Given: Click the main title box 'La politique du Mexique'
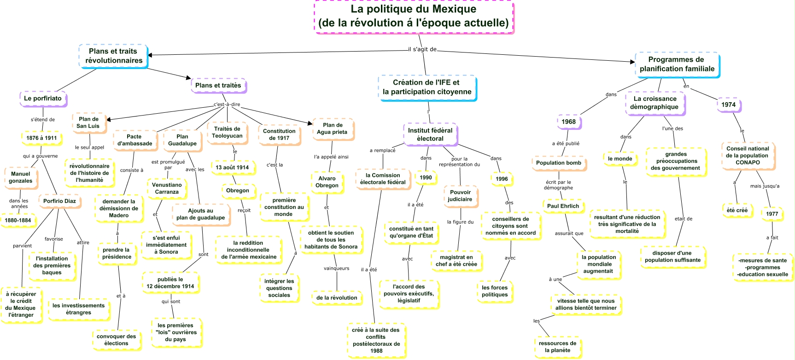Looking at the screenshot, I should pos(413,16).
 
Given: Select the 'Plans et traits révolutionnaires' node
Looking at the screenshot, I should pos(113,56).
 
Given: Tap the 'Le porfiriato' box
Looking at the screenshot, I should pos(43,98).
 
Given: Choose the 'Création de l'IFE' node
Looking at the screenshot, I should pos(427,87).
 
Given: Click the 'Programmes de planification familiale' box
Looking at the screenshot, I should pos(677,64).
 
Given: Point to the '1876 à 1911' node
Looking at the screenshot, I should pos(41,138).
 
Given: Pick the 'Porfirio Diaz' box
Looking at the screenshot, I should pos(59,201).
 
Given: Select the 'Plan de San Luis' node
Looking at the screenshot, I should pos(88,122).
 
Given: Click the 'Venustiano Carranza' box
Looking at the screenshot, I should pos(167,188).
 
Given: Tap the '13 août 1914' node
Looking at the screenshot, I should pos(232,168).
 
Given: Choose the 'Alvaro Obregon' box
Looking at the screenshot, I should pos(327,182).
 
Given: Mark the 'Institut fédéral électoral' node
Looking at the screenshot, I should pos(430,134).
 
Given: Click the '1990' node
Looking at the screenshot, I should pos(426,178).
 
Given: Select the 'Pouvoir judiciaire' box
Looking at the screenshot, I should pos(460,196).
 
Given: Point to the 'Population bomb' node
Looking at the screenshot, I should pos(559,163).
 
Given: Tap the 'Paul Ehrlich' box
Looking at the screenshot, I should pos(563,206).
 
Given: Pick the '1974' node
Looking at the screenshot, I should pos(728,105).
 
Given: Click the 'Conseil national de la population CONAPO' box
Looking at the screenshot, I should pos(748,156).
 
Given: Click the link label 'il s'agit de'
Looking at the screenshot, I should pos(422,49).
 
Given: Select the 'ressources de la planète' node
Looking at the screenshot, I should pos(557,347).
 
